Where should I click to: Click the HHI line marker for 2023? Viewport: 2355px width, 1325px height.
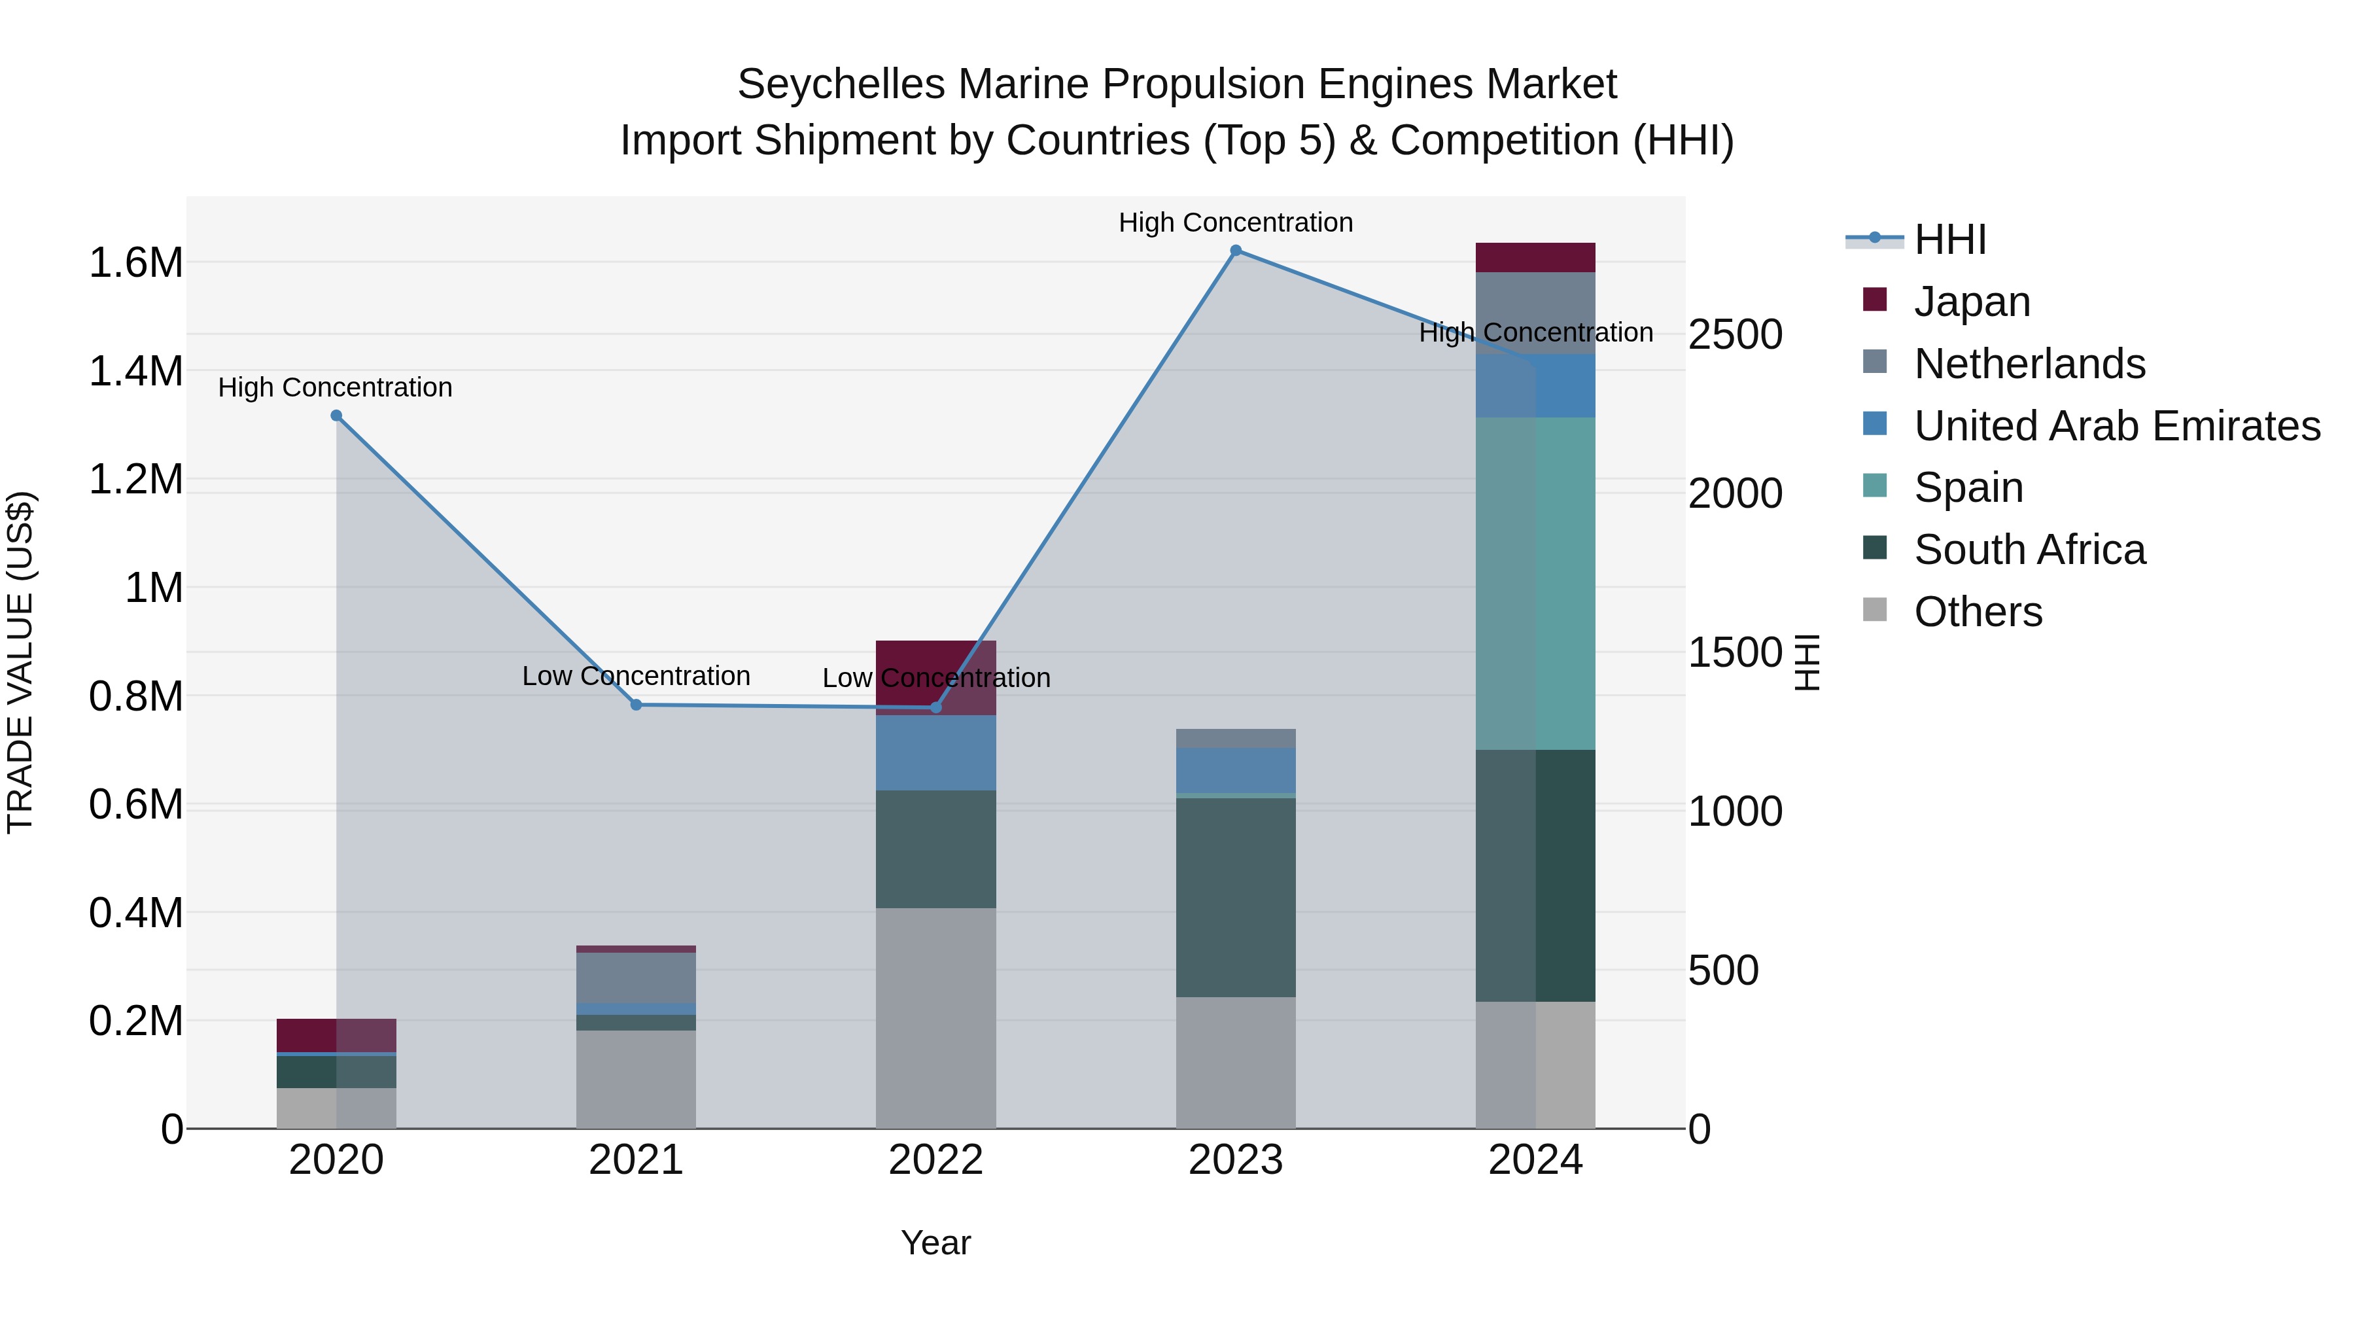pyautogui.click(x=1235, y=251)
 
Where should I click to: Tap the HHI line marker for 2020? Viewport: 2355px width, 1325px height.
pyautogui.click(x=336, y=415)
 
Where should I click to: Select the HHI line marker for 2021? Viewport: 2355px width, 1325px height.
pyautogui.click(x=637, y=704)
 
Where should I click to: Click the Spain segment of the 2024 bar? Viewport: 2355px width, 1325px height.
pyautogui.click(x=1535, y=584)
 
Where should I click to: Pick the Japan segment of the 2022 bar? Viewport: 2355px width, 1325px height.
pyautogui.click(x=935, y=677)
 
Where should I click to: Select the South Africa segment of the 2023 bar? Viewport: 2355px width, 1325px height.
pyautogui.click(x=1235, y=896)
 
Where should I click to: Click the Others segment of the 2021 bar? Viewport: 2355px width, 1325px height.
pyautogui.click(x=637, y=1079)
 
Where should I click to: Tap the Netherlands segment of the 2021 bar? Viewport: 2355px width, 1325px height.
pyautogui.click(x=637, y=978)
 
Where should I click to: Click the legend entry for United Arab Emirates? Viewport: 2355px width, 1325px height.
pyautogui.click(x=2116, y=425)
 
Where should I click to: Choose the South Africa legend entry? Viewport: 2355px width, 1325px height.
pyautogui.click(x=2029, y=550)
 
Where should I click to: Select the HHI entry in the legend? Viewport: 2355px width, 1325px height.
pyautogui.click(x=1949, y=239)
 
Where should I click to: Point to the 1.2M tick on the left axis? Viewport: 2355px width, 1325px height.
pyautogui.click(x=135, y=479)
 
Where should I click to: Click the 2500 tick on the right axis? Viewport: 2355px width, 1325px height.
pyautogui.click(x=1734, y=334)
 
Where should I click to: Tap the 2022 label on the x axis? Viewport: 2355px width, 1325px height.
pyautogui.click(x=935, y=1159)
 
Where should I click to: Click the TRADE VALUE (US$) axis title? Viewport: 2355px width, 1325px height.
pyautogui.click(x=20, y=662)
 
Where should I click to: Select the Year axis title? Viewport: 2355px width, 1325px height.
pyautogui.click(x=935, y=1243)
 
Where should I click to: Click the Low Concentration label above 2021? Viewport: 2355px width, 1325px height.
pyautogui.click(x=637, y=676)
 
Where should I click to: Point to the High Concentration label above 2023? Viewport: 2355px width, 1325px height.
pyautogui.click(x=1235, y=222)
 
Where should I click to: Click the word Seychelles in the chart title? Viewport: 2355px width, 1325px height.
pyautogui.click(x=840, y=84)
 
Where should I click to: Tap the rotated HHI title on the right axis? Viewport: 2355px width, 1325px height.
pyautogui.click(x=1807, y=662)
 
